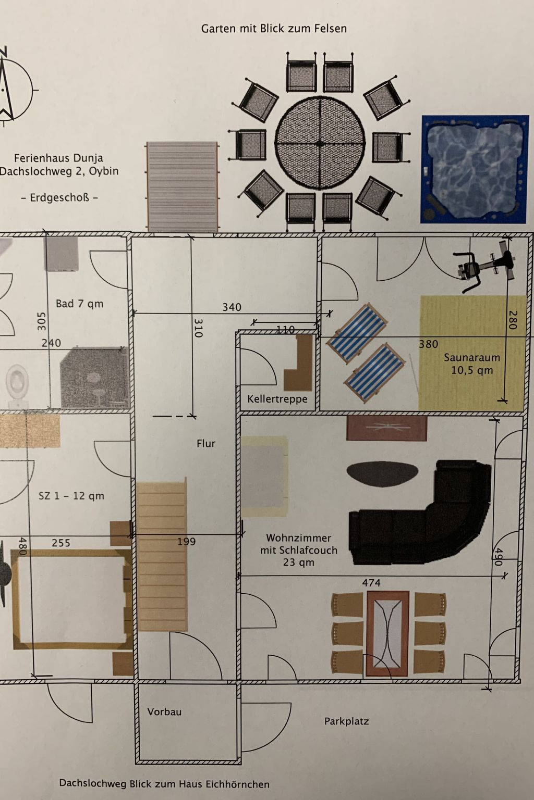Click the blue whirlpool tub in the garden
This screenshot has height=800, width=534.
474,169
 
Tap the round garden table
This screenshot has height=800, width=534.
319,142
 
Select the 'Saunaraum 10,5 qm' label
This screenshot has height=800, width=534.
471,364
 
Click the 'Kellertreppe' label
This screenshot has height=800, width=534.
277,399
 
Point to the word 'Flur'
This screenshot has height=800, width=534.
206,444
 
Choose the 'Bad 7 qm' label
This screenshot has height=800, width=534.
79,304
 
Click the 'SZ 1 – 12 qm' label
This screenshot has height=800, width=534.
71,496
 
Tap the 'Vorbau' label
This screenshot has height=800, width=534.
164,712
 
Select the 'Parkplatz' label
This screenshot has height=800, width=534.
346,721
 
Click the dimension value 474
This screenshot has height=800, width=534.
371,583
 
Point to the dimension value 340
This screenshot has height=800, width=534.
232,307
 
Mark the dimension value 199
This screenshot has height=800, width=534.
186,542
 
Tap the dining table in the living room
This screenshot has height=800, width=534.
387,633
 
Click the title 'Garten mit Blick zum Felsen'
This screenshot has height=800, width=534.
274,29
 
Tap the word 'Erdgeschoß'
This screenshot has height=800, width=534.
58,198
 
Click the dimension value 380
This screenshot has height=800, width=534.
428,344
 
